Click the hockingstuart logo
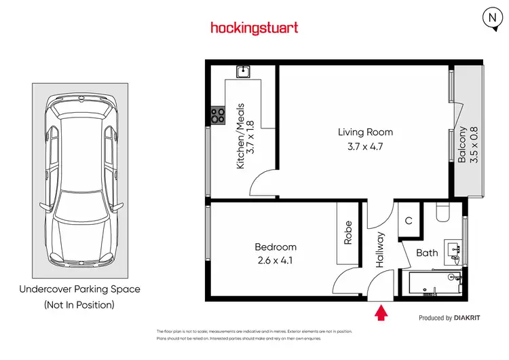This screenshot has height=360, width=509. (254, 28)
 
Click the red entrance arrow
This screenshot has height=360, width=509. (381, 313)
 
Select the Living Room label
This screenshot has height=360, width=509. (366, 132)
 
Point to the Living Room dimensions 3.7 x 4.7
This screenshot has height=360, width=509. (366, 146)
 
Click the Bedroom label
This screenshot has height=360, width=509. (276, 247)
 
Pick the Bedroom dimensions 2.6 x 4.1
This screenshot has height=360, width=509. (276, 260)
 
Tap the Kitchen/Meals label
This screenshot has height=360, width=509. (240, 136)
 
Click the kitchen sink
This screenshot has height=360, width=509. (244, 71)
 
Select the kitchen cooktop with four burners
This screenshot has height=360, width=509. (219, 115)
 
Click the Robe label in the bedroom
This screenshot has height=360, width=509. (348, 232)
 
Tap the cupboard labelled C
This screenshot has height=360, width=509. (409, 221)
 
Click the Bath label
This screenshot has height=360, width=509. (427, 253)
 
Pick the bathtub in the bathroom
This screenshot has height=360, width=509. (434, 284)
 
